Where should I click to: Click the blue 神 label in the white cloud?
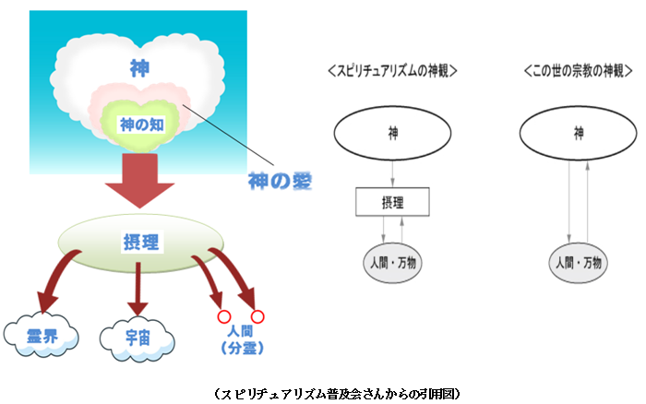(139, 68)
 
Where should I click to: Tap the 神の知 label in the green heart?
(142, 125)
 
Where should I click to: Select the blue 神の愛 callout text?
(280, 181)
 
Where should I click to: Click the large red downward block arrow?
(139, 181)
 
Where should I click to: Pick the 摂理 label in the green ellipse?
(141, 242)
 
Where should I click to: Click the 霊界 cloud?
(42, 335)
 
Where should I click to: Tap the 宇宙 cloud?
(138, 339)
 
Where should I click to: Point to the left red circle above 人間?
(224, 317)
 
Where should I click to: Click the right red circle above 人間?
(257, 316)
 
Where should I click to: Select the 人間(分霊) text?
(242, 339)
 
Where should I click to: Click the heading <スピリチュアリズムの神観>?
(392, 71)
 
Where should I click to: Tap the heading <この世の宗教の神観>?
(578, 71)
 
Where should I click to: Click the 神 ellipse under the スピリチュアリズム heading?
(392, 133)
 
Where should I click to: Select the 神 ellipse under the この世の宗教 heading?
(578, 133)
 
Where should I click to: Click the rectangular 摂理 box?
(392, 202)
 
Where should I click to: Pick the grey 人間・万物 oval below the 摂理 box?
(392, 263)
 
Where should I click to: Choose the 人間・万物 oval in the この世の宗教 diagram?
(578, 263)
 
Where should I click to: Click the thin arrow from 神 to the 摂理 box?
(392, 173)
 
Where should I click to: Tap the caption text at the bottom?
(337, 394)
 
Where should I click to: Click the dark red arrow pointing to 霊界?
(53, 277)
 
